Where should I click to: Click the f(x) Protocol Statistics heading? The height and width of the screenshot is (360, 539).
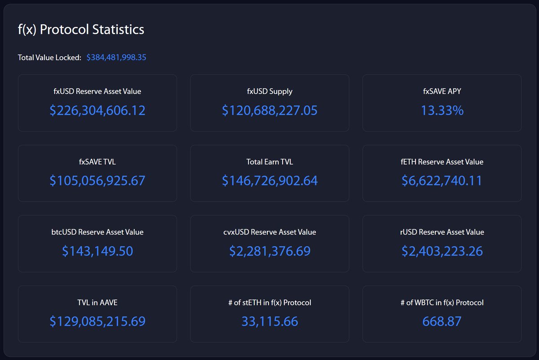[x=81, y=30]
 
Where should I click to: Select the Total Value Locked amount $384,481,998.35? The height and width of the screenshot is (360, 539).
[x=116, y=58]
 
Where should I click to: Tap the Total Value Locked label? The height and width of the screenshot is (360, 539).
[x=49, y=58]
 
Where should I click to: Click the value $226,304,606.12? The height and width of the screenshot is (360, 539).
[x=97, y=111]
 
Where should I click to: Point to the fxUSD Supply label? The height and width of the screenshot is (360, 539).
[x=269, y=91]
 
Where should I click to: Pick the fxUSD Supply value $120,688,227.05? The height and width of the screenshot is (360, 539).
[x=269, y=111]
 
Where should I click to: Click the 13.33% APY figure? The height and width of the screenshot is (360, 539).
[x=442, y=111]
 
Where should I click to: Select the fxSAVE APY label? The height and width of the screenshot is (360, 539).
[x=442, y=91]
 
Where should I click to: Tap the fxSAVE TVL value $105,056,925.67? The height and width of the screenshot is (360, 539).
[x=97, y=181]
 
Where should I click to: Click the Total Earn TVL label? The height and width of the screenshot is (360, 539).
[x=269, y=162]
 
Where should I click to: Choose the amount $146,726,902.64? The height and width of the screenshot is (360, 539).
[x=269, y=181]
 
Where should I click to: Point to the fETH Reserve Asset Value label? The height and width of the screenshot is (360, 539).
[x=442, y=162]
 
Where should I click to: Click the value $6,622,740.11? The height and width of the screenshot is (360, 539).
[x=442, y=181]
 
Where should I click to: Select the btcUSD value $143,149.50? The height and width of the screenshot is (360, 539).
[x=97, y=251]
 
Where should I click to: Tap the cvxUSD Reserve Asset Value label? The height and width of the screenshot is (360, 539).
[x=269, y=232]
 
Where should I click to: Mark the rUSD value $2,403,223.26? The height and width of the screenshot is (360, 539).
[x=442, y=251]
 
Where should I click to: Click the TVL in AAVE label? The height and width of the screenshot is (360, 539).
[x=97, y=302]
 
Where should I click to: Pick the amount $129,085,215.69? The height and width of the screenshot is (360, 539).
[x=97, y=321]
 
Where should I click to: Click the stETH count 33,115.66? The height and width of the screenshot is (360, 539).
[x=269, y=321]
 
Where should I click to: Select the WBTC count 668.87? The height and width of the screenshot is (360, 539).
[x=442, y=321]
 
